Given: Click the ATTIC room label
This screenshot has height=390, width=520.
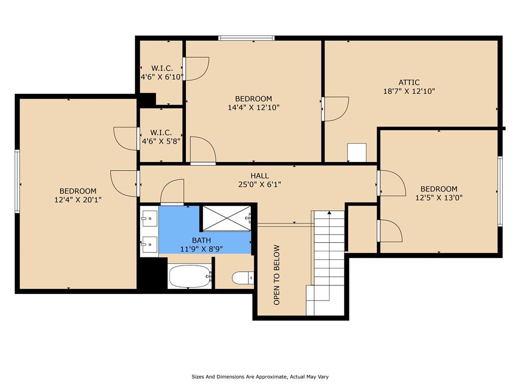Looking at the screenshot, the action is (409, 82).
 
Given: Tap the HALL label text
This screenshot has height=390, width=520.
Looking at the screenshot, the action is (259, 176).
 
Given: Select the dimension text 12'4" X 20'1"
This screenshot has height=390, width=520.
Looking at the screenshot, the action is (78, 200).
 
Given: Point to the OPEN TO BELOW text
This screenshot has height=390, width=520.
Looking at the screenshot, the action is (277, 275).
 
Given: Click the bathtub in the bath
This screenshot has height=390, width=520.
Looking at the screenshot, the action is (190, 277).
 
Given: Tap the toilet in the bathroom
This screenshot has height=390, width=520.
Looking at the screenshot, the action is (243, 278).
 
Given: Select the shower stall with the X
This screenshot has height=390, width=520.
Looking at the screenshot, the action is (227, 218).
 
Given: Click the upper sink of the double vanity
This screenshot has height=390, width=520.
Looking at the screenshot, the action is (150, 218).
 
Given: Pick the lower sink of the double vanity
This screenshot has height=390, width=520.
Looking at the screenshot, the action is (150, 245).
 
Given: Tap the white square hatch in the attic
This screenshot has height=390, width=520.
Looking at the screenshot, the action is (357, 152).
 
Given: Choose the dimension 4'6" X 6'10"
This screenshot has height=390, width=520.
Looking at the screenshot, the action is (162, 77).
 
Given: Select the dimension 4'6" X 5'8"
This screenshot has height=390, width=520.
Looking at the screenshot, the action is (161, 141).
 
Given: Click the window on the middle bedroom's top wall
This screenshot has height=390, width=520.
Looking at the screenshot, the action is (246, 38).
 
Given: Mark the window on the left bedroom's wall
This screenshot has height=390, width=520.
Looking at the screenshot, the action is (17, 181).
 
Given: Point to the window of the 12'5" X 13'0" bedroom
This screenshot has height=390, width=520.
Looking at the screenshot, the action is (500, 191).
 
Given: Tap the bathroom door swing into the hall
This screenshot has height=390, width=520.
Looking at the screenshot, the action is (172, 192).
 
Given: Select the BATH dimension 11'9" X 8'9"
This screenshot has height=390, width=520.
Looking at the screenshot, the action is (201, 249).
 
